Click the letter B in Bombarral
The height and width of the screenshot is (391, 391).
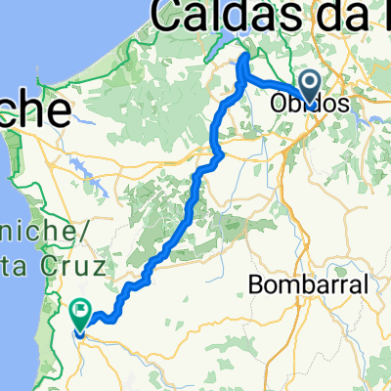256,285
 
